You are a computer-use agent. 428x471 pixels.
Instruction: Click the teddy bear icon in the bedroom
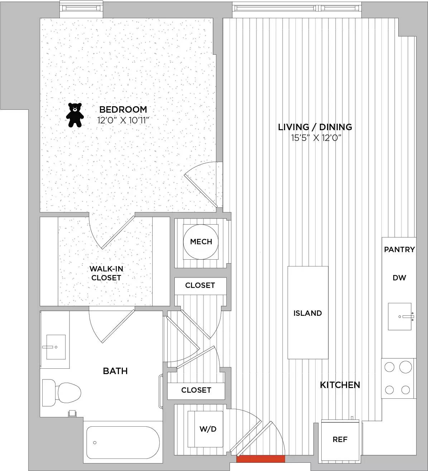[x=74, y=115]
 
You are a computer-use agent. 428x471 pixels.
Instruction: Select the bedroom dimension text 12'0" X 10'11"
[x=124, y=121]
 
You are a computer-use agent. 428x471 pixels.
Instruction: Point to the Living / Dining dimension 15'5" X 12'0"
[x=316, y=138]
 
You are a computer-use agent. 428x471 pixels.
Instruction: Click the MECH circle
[x=201, y=242]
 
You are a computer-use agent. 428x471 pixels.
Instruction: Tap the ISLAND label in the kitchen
[x=308, y=313]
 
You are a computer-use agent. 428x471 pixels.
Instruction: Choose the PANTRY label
[x=399, y=249]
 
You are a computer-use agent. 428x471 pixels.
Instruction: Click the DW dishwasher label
[x=399, y=278]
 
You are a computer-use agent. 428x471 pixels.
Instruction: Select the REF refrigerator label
[x=340, y=439]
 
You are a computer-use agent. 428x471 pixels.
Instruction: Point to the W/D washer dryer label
[x=208, y=429]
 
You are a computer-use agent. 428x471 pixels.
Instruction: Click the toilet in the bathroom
[x=62, y=392]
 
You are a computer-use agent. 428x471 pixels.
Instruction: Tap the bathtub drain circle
[x=95, y=443]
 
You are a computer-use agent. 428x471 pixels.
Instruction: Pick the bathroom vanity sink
[x=56, y=347]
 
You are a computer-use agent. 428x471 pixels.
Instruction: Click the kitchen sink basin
[x=400, y=317]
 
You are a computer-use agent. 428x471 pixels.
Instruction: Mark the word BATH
[x=115, y=371]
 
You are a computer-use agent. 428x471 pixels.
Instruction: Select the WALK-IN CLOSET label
[x=106, y=273]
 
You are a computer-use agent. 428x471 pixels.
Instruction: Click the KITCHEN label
[x=340, y=385]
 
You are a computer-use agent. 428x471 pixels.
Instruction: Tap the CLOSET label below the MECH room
[x=200, y=285]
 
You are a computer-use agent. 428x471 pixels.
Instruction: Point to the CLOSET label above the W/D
[x=196, y=390]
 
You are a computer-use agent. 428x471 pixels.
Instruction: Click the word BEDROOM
[x=123, y=109]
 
